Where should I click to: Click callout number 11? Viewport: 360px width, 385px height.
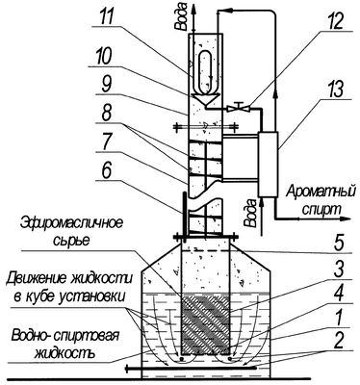[105, 17]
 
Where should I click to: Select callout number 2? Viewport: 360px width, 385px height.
[338, 342]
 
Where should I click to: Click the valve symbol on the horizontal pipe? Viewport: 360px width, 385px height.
[238, 107]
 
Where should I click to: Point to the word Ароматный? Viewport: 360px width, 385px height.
[321, 193]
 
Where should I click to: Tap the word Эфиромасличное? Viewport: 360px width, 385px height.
[71, 222]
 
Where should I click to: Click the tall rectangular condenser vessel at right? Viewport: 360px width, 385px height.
[268, 164]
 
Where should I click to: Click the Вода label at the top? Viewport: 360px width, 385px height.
[182, 16]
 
